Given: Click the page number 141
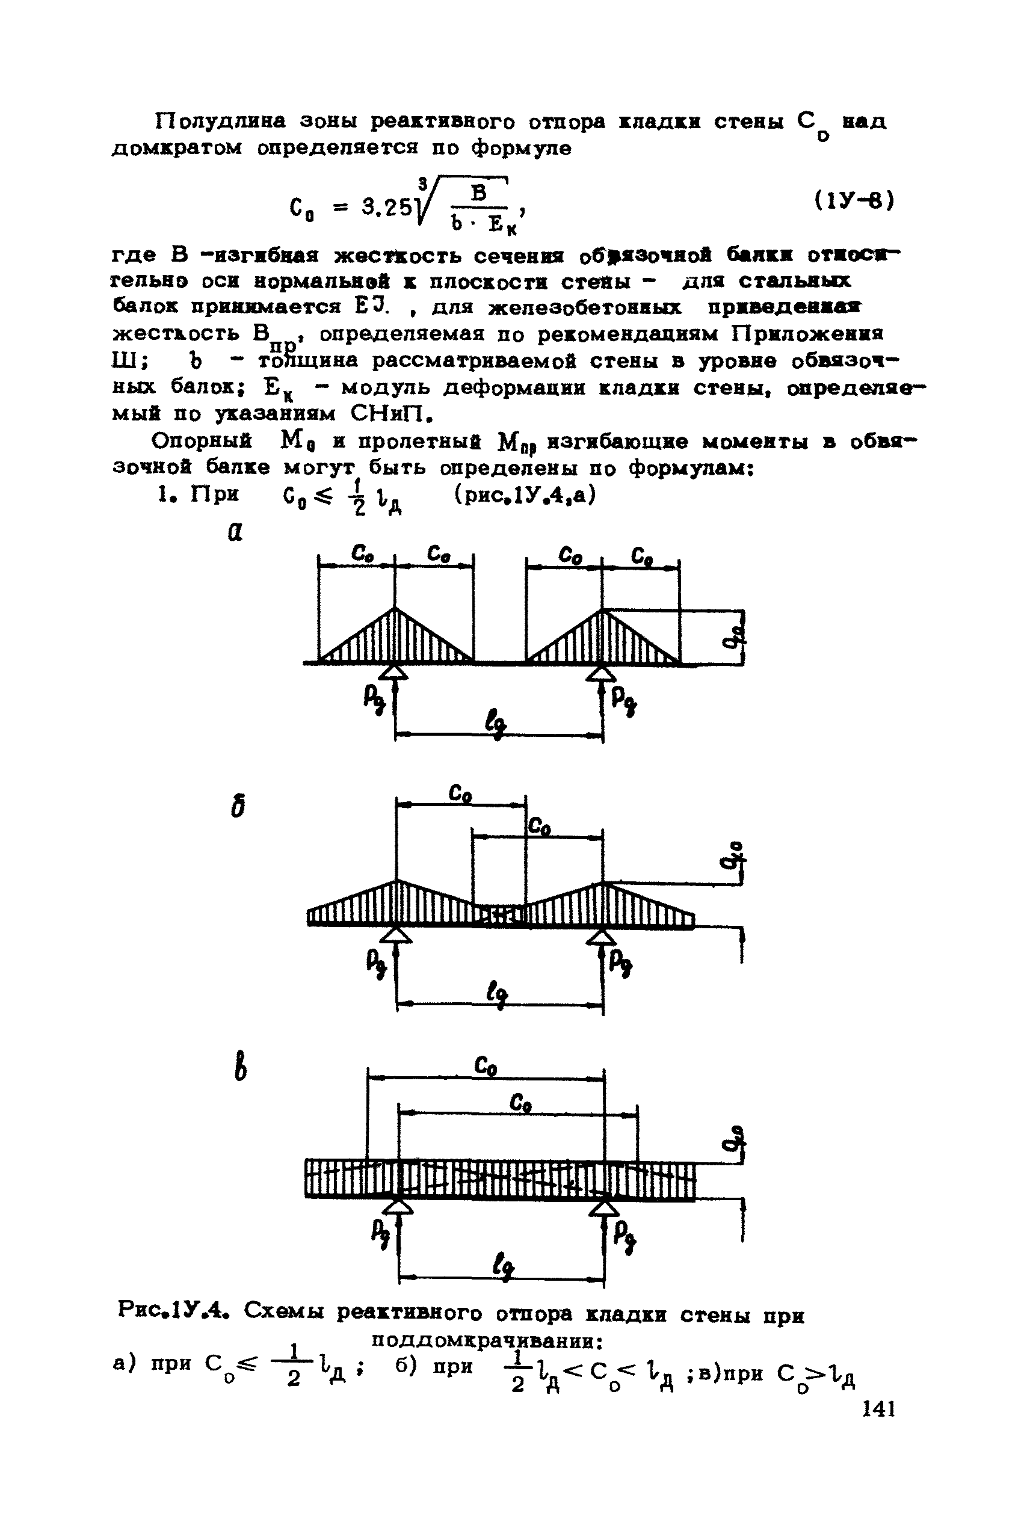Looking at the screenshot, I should tap(878, 1410).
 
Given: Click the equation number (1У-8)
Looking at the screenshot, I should tap(854, 200).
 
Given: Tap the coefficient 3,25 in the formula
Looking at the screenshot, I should tap(387, 208).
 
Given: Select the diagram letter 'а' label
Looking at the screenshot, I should tap(235, 531).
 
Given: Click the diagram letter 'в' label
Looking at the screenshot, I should tap(241, 1067).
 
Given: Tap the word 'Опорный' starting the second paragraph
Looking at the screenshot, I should tap(202, 440).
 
